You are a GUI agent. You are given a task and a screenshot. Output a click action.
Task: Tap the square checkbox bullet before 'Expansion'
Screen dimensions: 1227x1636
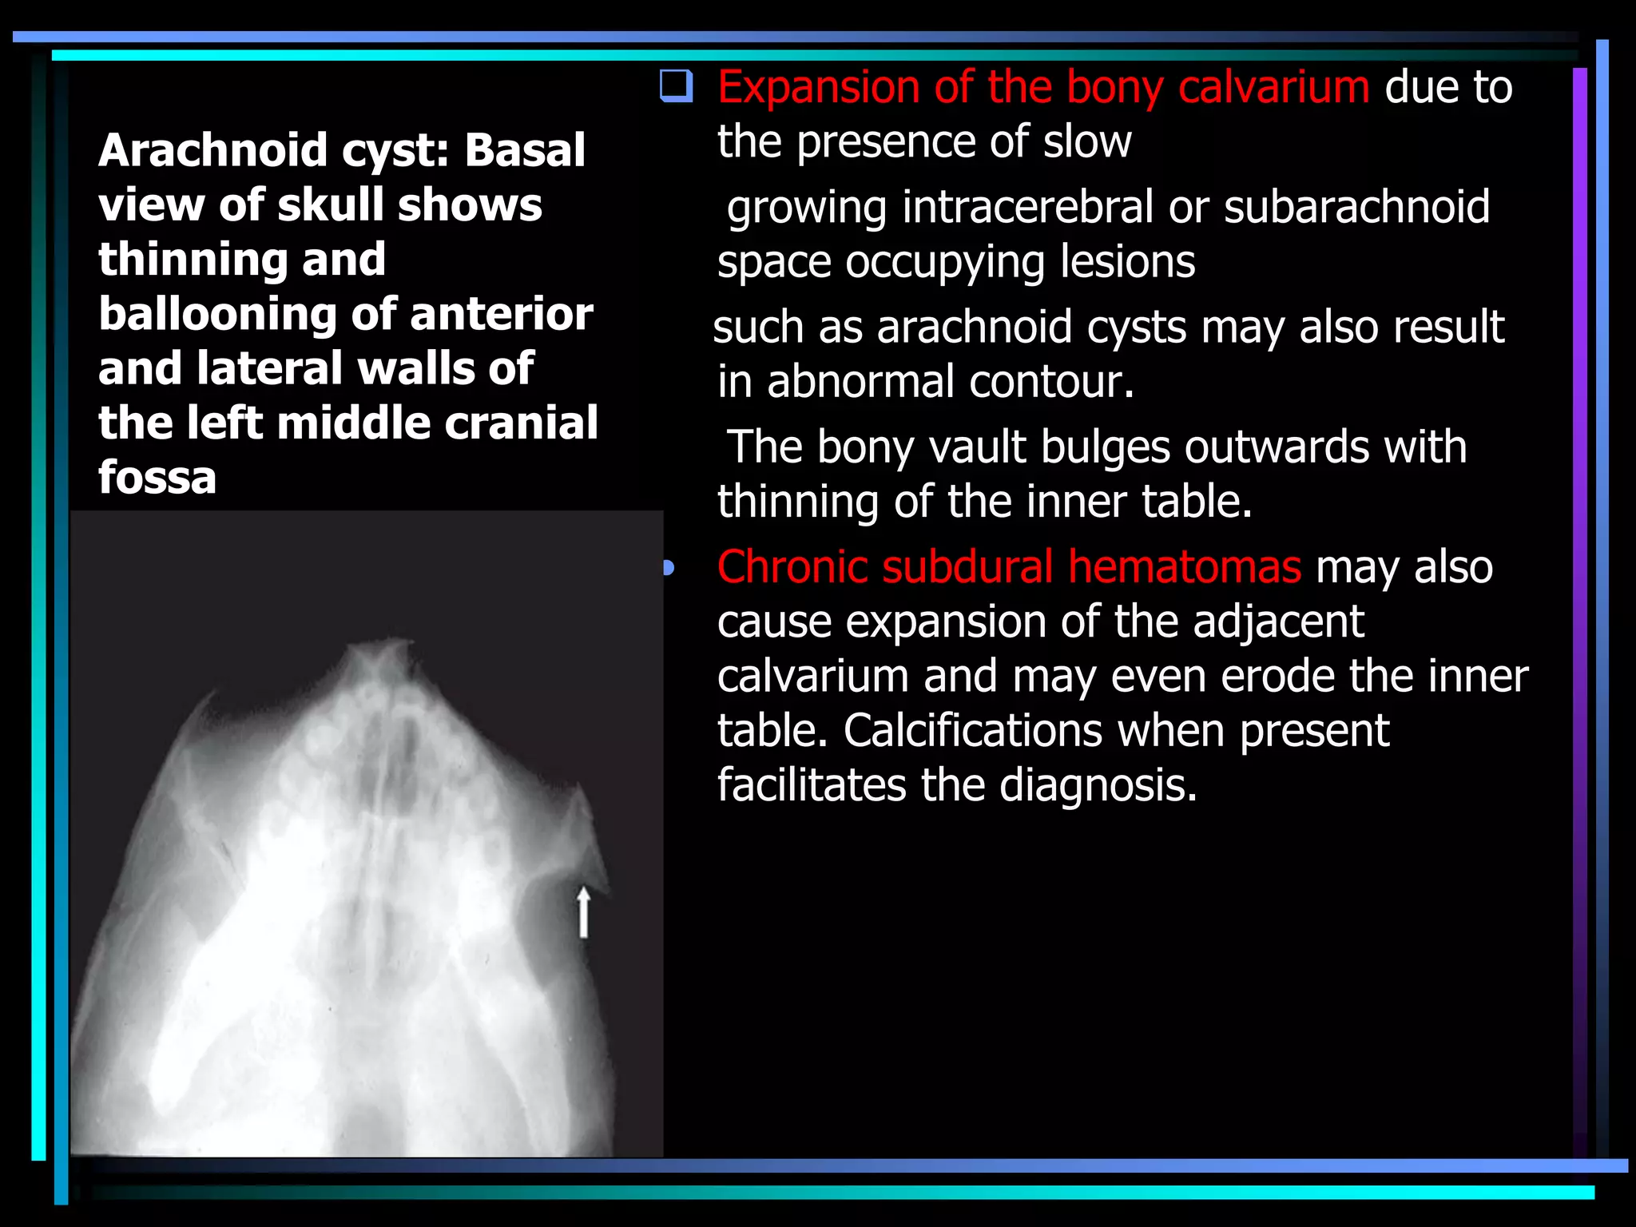pyautogui.click(x=676, y=86)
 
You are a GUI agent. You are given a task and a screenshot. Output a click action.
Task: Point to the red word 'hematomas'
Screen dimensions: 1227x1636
pyautogui.click(x=1185, y=567)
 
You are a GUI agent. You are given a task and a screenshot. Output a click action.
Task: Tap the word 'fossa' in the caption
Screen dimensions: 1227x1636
pyautogui.click(x=157, y=478)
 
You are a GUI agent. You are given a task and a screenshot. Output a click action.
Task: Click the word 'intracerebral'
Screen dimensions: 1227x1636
pyautogui.click(x=1027, y=207)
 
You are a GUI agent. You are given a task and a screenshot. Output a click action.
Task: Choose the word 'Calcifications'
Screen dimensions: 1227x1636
pyautogui.click(x=973, y=731)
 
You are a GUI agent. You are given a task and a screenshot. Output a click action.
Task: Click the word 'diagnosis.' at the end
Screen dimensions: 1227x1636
pyautogui.click(x=1098, y=785)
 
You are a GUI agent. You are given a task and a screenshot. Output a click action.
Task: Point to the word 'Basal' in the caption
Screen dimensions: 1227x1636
pyautogui.click(x=525, y=150)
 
